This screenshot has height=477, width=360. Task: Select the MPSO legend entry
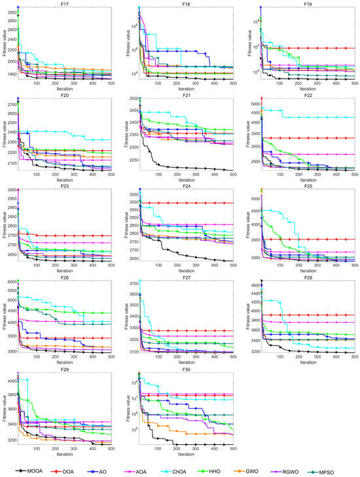(340, 469)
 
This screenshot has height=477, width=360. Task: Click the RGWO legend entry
(302, 469)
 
